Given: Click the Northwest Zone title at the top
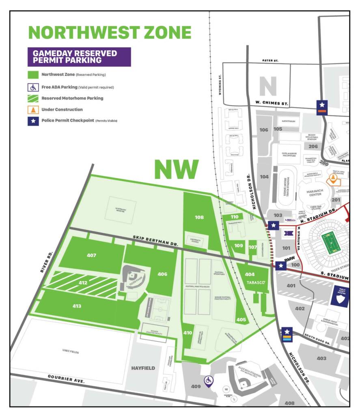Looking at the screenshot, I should tap(110, 32).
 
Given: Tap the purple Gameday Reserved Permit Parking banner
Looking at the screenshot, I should tap(79, 57).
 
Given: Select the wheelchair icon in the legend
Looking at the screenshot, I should tap(33, 87).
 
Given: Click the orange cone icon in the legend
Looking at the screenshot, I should tap(33, 109).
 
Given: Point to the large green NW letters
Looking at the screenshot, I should tap(176, 169).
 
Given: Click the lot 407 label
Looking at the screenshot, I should tap(92, 255).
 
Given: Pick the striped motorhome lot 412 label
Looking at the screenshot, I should tap(83, 282).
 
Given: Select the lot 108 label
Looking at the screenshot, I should tap(199, 217).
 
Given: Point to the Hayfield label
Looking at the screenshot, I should tap(143, 368).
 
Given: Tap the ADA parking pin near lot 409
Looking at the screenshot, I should tap(209, 380).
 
